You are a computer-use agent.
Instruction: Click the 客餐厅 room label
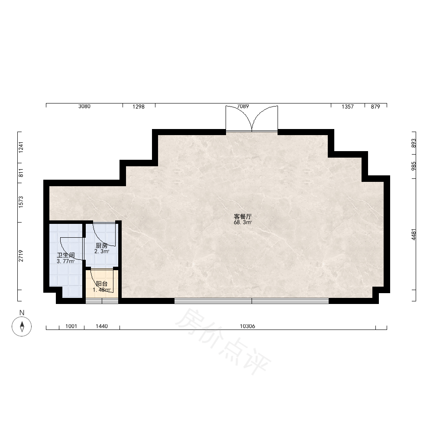[243, 216]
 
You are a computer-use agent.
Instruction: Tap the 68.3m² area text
[243, 223]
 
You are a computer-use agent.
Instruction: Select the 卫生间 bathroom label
[66, 255]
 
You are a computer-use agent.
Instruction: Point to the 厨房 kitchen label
[102, 246]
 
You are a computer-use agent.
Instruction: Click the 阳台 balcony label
[102, 284]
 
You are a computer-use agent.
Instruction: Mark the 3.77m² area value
[66, 261]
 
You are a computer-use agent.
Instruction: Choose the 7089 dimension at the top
[243, 107]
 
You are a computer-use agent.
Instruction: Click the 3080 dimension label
[84, 107]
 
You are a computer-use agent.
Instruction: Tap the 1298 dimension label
[139, 107]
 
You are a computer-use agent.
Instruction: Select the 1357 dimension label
[347, 107]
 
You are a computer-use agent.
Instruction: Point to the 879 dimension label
[375, 107]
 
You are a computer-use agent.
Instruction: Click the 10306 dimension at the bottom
[247, 326]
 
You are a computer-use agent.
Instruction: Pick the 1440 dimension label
[102, 326]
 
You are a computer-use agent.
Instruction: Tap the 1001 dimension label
[71, 326]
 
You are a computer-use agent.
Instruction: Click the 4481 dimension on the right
[414, 234]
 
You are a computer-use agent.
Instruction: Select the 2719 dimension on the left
[21, 256]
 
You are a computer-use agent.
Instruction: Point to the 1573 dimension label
[21, 202]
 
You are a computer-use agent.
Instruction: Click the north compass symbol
[22, 326]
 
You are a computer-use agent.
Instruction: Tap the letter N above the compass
[22, 313]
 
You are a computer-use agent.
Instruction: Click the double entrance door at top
[252, 119]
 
